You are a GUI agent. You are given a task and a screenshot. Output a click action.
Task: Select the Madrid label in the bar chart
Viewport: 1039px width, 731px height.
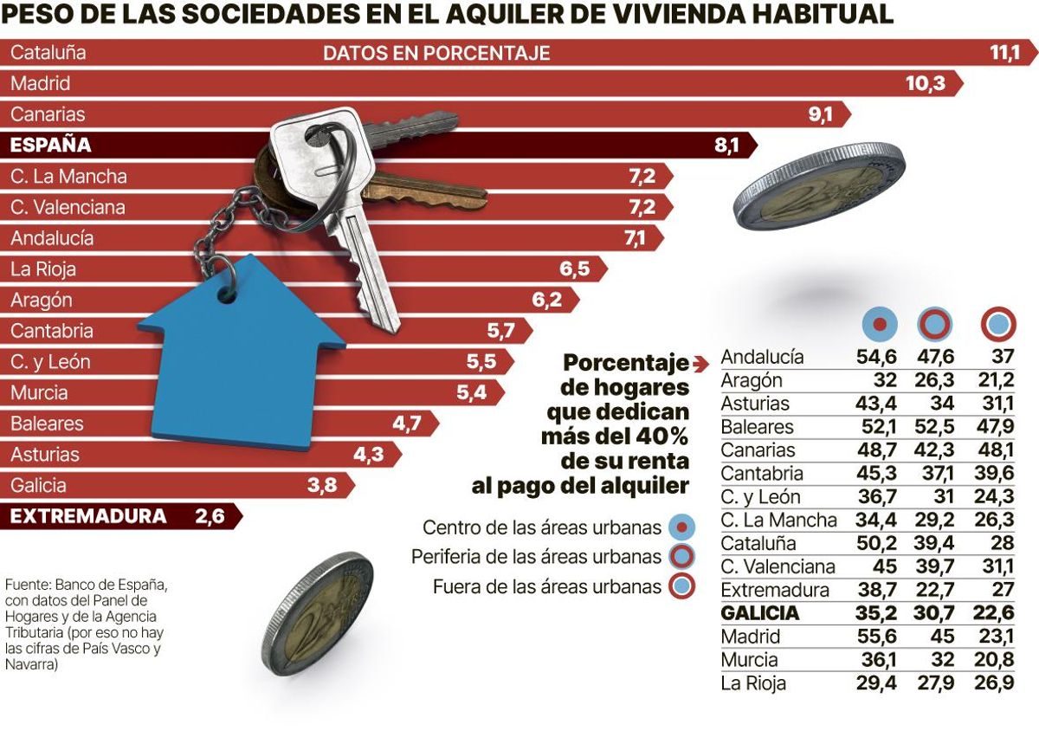(x=40, y=84)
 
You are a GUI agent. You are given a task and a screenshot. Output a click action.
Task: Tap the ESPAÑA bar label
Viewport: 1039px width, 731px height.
(x=51, y=146)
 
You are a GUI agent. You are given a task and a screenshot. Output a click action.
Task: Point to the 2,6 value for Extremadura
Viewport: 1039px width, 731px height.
(x=210, y=516)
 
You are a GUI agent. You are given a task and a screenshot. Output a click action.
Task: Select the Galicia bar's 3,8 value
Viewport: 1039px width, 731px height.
(x=321, y=486)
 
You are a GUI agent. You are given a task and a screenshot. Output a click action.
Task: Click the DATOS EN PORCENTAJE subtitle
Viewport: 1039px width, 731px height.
(x=436, y=54)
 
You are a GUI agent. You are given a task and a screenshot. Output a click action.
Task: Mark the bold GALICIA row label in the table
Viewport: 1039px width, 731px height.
(x=759, y=614)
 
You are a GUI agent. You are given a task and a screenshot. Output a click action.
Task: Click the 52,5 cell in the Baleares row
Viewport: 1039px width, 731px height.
(x=933, y=427)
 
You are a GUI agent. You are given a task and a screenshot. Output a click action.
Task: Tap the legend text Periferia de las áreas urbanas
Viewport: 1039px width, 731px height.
(x=537, y=557)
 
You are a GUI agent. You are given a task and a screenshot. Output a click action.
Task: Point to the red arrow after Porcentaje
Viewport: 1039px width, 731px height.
(x=701, y=362)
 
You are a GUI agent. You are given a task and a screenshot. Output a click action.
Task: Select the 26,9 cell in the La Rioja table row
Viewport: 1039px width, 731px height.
(x=996, y=684)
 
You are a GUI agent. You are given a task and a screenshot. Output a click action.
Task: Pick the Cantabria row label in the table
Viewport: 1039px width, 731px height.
(x=761, y=474)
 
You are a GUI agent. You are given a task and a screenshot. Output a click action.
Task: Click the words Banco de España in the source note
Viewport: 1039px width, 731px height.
(x=103, y=585)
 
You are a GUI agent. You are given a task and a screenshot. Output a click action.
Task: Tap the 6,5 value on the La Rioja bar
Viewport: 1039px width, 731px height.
(x=574, y=269)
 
